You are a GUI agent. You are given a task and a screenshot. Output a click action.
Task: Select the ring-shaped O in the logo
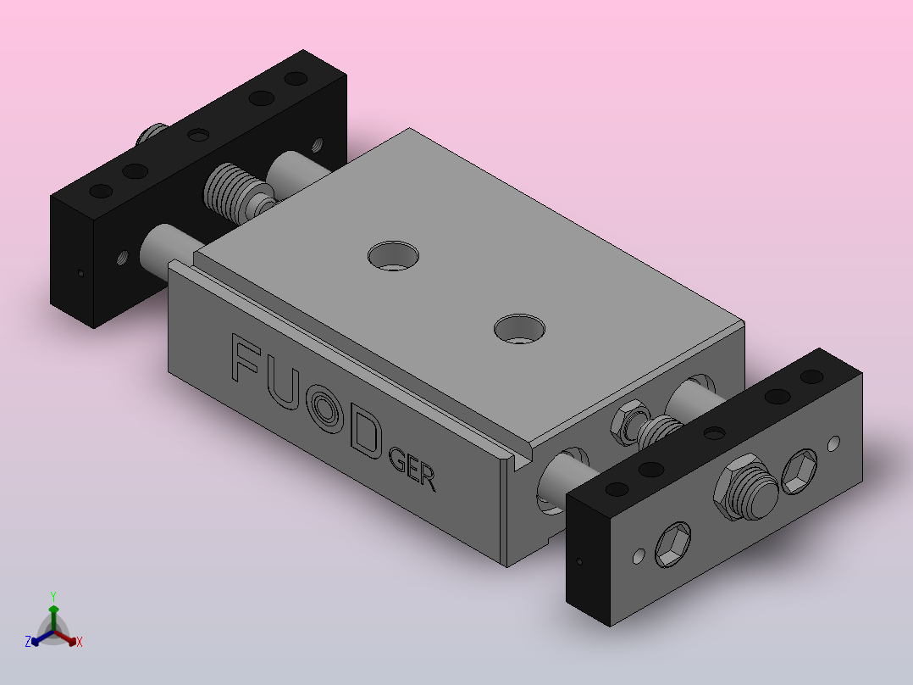[327, 410]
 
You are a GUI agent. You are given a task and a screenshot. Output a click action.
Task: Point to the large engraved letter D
[367, 432]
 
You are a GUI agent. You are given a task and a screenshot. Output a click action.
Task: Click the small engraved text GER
[412, 469]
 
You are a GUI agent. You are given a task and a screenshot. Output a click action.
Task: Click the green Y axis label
[53, 596]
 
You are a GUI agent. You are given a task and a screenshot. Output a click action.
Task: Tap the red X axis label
[80, 642]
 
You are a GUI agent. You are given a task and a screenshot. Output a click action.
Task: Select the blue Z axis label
[27, 642]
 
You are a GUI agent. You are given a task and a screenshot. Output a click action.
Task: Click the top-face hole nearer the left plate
[394, 256]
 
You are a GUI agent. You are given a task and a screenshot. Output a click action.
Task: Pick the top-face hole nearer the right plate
[519, 329]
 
